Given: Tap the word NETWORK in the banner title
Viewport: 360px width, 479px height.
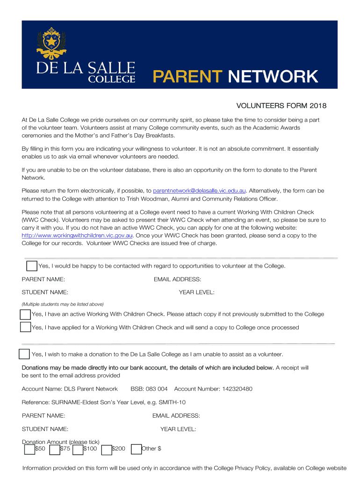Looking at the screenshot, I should (273, 76).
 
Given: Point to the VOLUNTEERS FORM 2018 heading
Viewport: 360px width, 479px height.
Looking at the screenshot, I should (280, 106).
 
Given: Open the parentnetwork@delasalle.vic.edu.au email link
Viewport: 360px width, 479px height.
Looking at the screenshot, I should (200, 191).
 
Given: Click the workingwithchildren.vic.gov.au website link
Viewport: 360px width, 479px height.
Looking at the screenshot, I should (78, 235).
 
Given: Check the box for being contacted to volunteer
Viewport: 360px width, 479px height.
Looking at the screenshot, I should (32, 266).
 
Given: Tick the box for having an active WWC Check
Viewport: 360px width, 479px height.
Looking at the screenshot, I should (26, 314).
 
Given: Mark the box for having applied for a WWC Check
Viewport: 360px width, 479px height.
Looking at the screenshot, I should (26, 327).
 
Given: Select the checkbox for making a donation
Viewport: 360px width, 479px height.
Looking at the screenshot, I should (24, 354).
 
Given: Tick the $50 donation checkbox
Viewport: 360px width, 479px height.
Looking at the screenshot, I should (29, 449).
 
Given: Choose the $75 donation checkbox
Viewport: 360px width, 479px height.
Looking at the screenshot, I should (54, 449).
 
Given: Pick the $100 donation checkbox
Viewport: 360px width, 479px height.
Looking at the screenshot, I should (78, 449).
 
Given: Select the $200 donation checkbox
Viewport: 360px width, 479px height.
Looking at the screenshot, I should (106, 449).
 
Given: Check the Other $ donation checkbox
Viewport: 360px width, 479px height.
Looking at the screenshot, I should (137, 449).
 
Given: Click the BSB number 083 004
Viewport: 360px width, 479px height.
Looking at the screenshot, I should (156, 389).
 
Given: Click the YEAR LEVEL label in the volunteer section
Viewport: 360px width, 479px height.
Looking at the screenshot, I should (196, 292).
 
